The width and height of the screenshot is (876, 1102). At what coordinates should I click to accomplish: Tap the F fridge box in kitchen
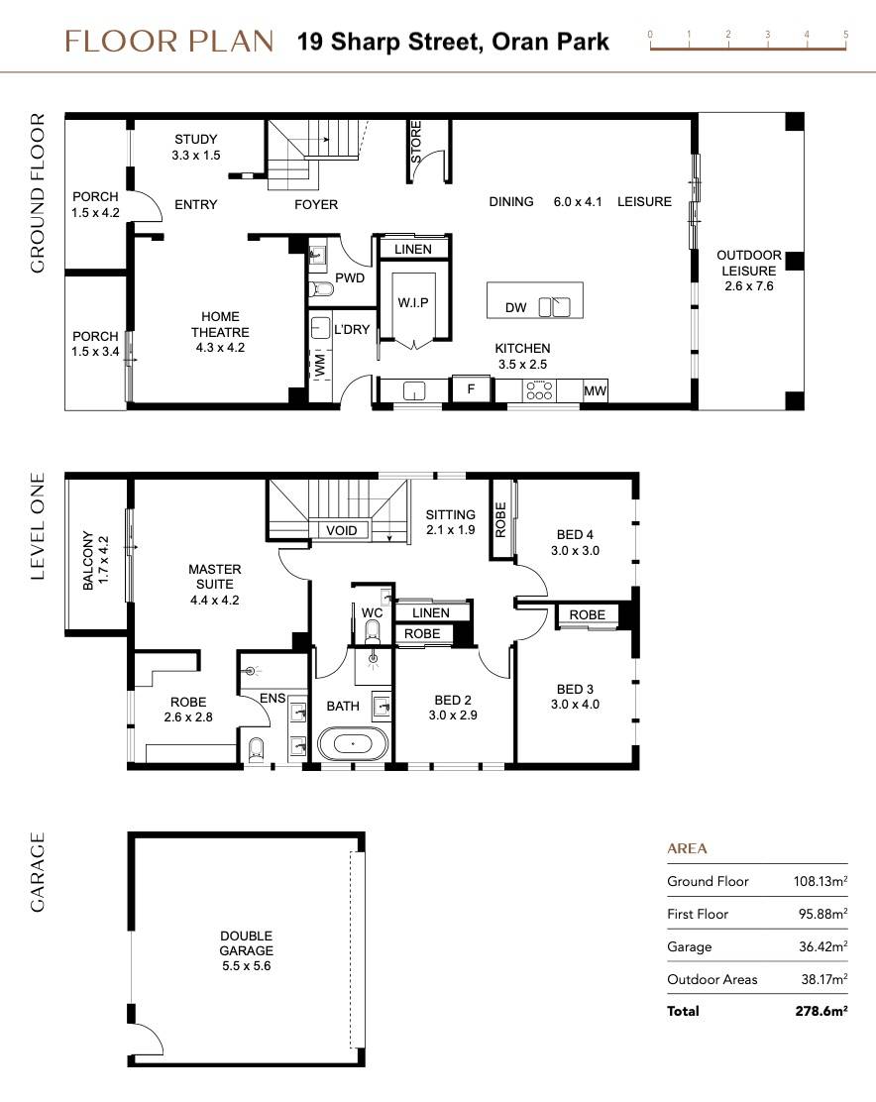coord(472,389)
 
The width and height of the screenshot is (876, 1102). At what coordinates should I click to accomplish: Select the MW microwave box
coord(595,391)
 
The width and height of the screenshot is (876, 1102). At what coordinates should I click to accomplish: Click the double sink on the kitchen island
coord(554,307)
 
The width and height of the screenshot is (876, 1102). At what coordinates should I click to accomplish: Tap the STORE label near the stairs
coord(415,141)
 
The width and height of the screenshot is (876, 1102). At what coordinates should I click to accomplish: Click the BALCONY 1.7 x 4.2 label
coord(95,562)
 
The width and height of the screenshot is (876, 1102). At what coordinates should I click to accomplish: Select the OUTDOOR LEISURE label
coord(749,271)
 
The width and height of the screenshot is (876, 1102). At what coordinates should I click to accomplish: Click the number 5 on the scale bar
coord(845,34)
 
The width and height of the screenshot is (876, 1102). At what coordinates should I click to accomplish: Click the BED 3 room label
coord(577,697)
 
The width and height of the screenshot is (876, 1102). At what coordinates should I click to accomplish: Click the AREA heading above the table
coord(687,849)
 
